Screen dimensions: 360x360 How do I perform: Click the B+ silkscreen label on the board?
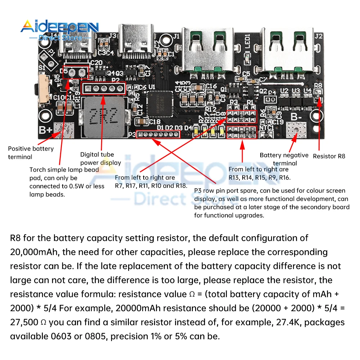coord(46,130)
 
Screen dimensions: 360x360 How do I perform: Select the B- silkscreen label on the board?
coord(296,117)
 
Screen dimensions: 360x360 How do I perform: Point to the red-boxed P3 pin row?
coord(159,135)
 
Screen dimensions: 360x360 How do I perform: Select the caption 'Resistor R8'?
coord(329,156)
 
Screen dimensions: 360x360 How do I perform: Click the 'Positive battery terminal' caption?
coord(31,153)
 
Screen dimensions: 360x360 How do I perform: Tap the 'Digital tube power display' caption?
coord(100,158)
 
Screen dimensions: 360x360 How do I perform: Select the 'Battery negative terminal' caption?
coord(284,159)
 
